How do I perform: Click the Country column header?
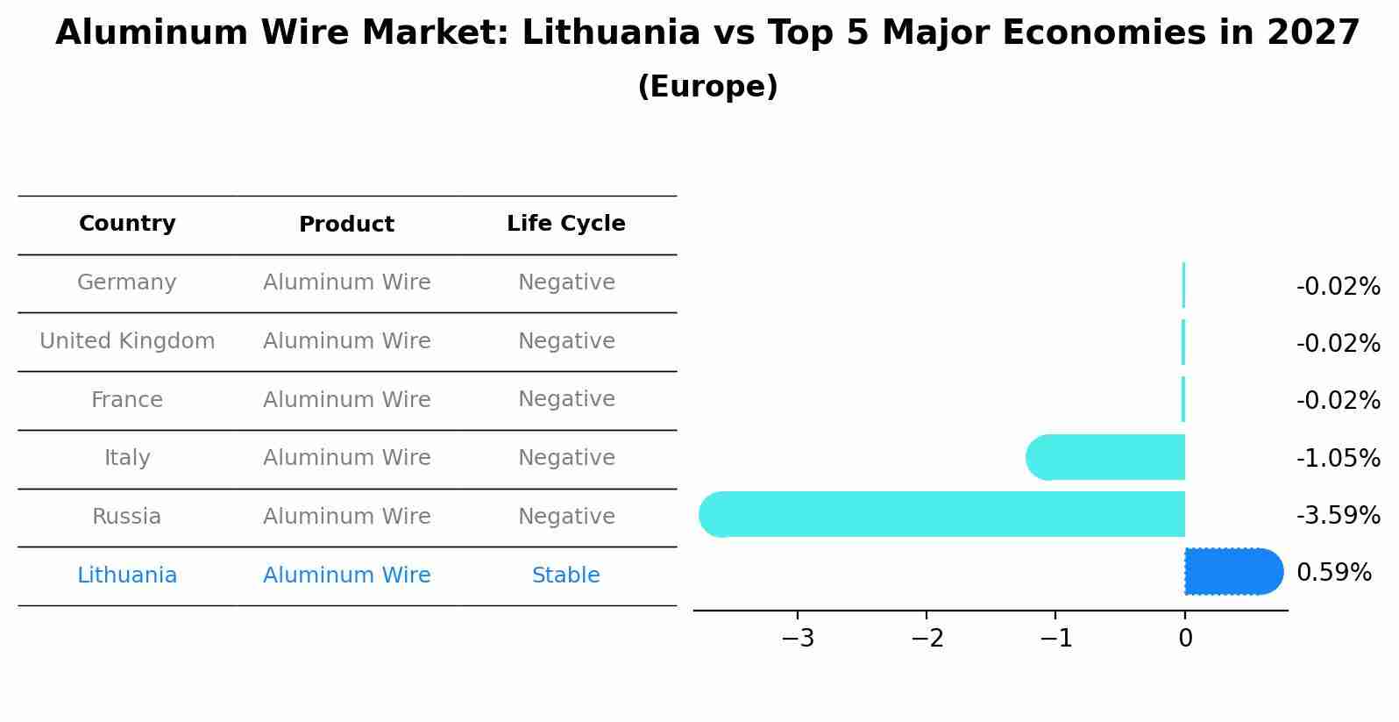127,224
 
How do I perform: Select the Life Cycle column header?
565,224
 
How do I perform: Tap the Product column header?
346,225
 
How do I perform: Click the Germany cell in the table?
127,282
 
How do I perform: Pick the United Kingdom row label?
127,341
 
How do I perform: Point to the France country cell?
127,400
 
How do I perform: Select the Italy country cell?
127,458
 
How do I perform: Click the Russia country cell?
127,517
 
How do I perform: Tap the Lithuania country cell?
127,575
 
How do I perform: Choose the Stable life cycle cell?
565,575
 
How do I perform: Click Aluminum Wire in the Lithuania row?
346,575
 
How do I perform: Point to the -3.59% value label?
1338,515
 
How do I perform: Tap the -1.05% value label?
1338,458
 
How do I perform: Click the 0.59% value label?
1333,573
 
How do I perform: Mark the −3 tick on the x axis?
798,639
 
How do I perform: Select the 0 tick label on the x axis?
1185,639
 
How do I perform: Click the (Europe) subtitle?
707,87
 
